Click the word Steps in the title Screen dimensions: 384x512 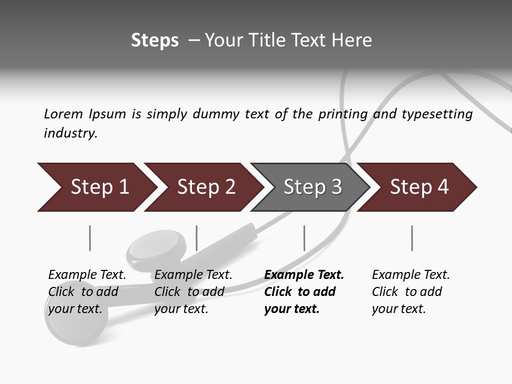pyautogui.click(x=155, y=41)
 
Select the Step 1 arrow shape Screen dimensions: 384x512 pyautogui.click(x=96, y=187)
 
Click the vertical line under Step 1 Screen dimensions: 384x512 pyautogui.click(x=90, y=238)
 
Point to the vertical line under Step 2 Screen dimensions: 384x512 pyautogui.click(x=197, y=238)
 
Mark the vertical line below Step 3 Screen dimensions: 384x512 pyautogui.click(x=304, y=238)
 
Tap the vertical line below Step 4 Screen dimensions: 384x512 pyautogui.click(x=412, y=238)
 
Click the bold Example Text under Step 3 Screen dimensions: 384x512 pyautogui.click(x=304, y=292)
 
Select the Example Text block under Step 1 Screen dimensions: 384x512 pyautogui.click(x=87, y=292)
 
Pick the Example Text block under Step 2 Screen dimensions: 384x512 pyautogui.click(x=193, y=292)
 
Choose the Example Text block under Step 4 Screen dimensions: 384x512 pyautogui.click(x=411, y=292)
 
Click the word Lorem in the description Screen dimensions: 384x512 pyautogui.click(x=63, y=114)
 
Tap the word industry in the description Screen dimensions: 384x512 pyautogui.click(x=70, y=133)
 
